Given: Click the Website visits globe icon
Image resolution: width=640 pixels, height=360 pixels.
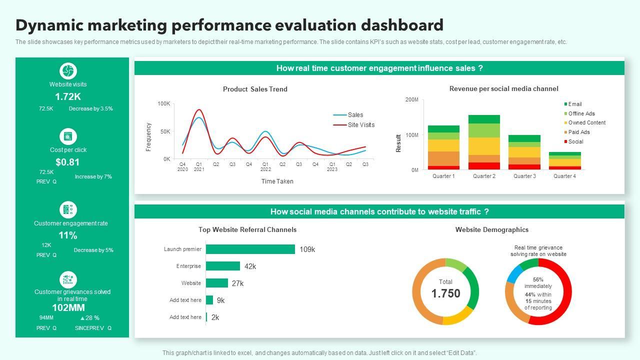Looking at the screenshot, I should coord(68,71).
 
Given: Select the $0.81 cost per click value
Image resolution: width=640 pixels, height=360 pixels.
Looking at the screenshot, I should coord(67,162).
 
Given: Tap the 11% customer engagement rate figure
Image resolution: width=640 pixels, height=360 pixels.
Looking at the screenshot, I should coord(67,235).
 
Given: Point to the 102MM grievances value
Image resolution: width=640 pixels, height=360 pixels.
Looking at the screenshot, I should coord(68,307).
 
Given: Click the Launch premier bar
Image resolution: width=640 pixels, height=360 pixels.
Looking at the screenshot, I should coord(250,249).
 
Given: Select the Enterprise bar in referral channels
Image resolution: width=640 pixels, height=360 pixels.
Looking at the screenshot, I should coord(222,266).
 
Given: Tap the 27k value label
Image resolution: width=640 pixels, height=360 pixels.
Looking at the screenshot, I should coord(237,283).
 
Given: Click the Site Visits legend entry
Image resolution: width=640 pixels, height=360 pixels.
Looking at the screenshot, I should coord(360,125).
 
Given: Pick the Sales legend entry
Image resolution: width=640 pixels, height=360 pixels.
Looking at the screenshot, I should coord(355,115).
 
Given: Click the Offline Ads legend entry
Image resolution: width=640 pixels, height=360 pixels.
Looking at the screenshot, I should coord(581,113).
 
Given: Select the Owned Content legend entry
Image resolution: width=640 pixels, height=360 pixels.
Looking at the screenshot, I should coord(586,122).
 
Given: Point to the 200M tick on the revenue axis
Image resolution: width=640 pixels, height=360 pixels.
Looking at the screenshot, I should coord(411,100).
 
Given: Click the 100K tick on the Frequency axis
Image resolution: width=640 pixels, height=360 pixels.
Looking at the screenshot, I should coord(164,103).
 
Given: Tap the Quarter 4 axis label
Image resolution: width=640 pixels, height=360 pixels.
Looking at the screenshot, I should coord(564,176).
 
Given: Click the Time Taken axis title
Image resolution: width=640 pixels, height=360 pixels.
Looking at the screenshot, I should coord(277,181).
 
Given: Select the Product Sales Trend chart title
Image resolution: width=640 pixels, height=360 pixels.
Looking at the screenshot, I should coord(255,89).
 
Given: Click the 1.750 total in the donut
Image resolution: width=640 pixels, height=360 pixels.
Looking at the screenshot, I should coord(445,293).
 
